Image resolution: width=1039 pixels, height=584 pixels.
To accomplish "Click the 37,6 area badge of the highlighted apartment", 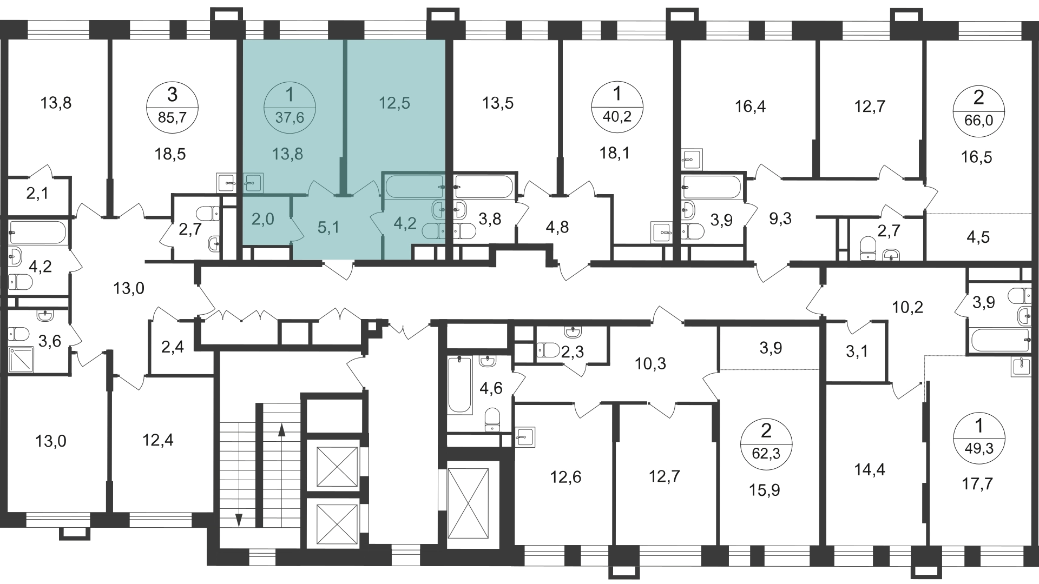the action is (x=290, y=107).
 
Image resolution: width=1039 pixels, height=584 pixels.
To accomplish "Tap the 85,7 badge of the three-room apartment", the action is (x=172, y=107).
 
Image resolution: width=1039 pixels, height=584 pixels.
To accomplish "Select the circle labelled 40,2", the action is (x=617, y=107).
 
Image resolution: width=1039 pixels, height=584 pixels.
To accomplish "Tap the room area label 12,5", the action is (x=394, y=103).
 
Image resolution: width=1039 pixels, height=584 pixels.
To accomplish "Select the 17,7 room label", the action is (x=977, y=483).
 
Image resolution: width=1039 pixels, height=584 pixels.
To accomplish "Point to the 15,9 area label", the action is (x=765, y=490).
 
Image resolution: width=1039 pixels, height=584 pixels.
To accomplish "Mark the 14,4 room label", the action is (x=870, y=469).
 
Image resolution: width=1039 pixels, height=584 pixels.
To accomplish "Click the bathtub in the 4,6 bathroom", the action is (x=460, y=384).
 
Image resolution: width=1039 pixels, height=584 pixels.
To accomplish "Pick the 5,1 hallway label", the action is (x=328, y=228).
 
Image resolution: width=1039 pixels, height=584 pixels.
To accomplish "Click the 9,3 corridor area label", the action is (x=780, y=218).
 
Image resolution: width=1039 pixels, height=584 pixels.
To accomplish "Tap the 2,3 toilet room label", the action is (x=572, y=353).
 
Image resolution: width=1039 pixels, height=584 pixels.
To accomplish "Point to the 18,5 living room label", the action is (x=170, y=154).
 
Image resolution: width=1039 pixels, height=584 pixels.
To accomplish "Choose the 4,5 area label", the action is (x=977, y=237).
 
